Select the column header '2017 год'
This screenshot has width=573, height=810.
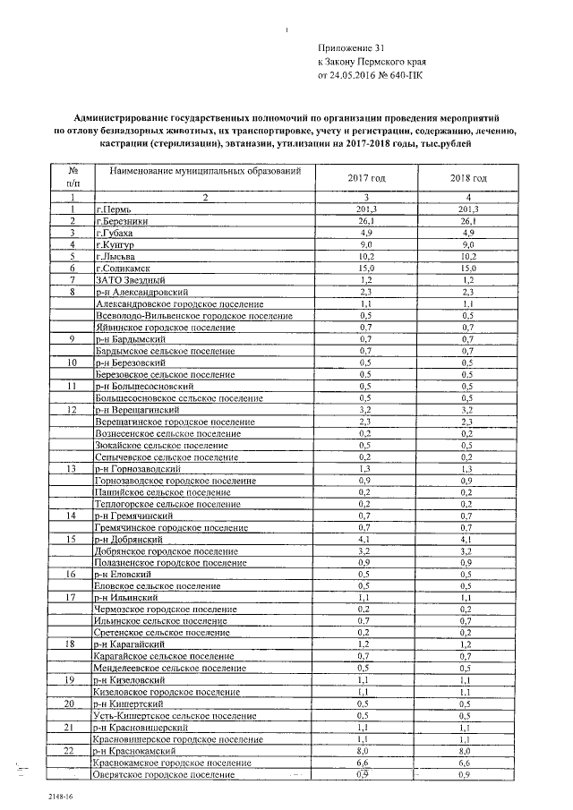[365, 178]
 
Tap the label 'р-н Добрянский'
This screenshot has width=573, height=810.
[129, 540]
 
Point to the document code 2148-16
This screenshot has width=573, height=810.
[38, 794]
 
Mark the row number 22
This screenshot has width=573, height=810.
[72, 752]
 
